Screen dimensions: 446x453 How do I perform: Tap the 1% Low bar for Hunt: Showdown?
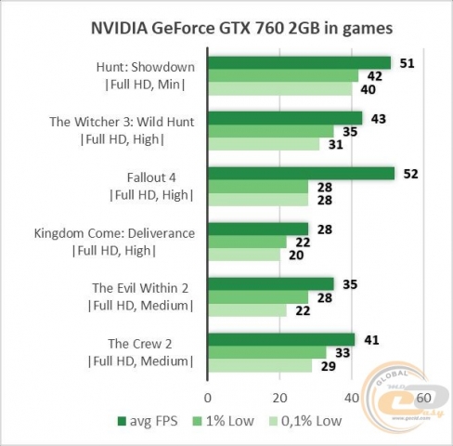point(283,76)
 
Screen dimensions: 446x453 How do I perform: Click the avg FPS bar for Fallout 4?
point(302,173)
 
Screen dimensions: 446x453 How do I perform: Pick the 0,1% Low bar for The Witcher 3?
point(264,144)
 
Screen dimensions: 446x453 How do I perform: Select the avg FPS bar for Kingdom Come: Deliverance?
point(258,228)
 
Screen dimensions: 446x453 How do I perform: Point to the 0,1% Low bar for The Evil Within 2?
point(248,309)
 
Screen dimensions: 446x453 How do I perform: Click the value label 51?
point(405,63)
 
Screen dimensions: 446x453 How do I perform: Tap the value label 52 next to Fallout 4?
point(408,173)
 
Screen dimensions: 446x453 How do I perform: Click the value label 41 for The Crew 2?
point(369,339)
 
